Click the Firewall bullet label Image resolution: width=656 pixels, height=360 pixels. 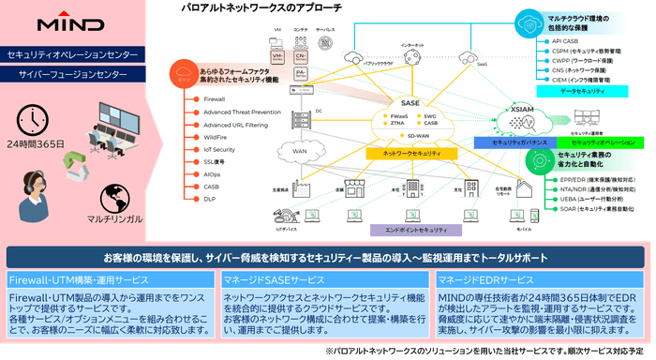(x=214, y=98)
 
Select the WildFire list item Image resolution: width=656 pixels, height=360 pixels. (x=216, y=137)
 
